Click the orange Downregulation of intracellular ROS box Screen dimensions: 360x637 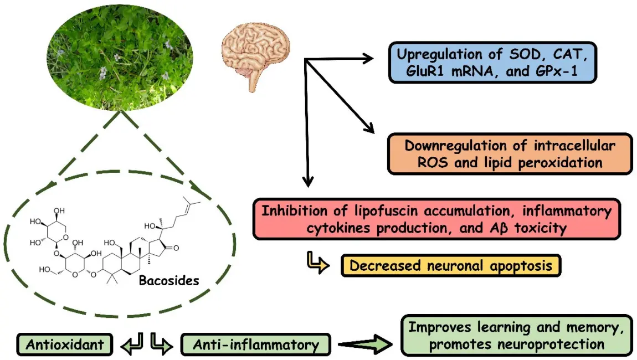(509, 154)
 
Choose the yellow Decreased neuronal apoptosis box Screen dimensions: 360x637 (450, 265)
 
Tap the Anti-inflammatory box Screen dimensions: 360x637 (256, 345)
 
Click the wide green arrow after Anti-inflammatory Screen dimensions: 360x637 (366, 344)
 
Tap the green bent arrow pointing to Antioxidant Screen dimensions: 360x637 (133, 343)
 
